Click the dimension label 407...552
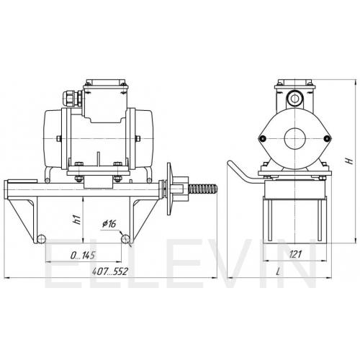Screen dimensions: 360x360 [110, 271]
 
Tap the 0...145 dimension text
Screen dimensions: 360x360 [83, 256]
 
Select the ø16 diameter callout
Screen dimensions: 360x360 [109, 224]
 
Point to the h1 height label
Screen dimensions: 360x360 [76, 220]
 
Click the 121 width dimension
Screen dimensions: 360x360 [295, 254]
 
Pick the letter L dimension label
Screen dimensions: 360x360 [279, 271]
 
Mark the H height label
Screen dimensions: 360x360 [350, 161]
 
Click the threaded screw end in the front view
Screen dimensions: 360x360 [203, 189]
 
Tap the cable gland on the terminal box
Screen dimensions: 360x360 [73, 99]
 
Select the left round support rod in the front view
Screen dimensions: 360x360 [41, 238]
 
